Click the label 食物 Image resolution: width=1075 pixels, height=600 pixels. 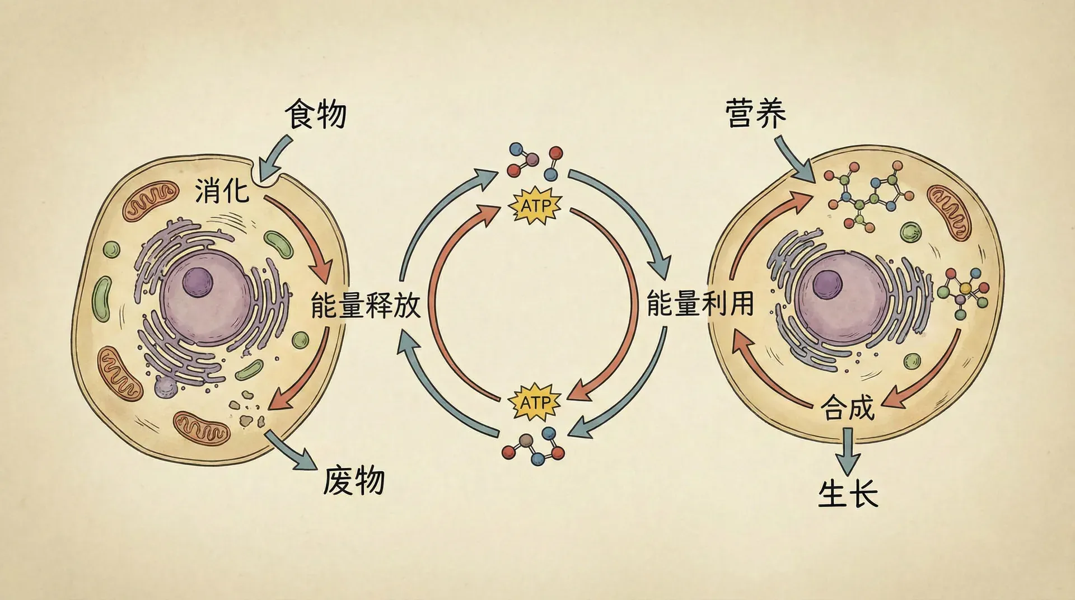coord(316,114)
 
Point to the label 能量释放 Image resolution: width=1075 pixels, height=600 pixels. coord(366,305)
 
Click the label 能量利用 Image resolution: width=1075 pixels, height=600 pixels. coord(700,303)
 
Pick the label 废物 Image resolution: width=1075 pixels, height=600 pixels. coord(354,480)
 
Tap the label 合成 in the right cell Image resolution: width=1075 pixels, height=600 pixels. coord(847,407)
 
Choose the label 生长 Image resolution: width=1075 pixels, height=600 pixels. coord(848,494)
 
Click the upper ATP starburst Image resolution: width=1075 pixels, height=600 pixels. coord(535,206)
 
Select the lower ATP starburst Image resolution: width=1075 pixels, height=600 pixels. coord(534,402)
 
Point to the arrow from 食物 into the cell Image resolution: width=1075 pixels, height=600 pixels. coord(275,154)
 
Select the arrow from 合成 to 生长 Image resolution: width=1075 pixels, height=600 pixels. coord(848,451)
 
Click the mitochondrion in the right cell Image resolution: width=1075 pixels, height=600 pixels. coord(948,211)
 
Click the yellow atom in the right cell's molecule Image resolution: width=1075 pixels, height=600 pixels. coord(965,288)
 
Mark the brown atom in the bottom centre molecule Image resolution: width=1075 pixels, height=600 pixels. coord(525,441)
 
